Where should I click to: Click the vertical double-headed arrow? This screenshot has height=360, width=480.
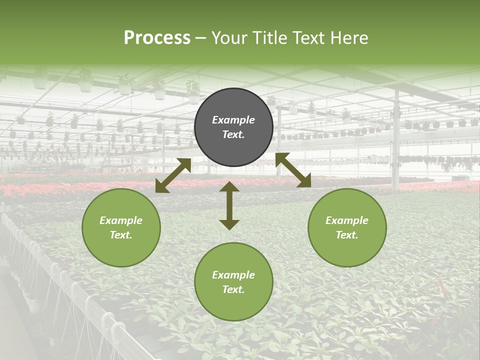(x=229, y=205)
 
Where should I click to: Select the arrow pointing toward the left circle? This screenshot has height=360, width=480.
(x=173, y=175)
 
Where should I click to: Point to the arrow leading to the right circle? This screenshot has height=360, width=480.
(x=293, y=170)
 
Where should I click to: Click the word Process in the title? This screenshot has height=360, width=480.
(x=157, y=37)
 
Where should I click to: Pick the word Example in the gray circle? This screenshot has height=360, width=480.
(x=233, y=120)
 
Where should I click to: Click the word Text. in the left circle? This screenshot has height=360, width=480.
(x=121, y=235)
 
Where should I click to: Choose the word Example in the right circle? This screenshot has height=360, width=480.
(x=347, y=220)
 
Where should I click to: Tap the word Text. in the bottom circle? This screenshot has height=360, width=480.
(x=233, y=289)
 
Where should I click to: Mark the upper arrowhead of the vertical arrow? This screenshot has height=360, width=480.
(x=229, y=186)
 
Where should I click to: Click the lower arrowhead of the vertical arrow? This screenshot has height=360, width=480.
(x=229, y=224)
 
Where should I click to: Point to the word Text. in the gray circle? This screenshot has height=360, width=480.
(x=233, y=134)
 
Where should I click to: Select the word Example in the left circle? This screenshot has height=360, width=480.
(x=121, y=220)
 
